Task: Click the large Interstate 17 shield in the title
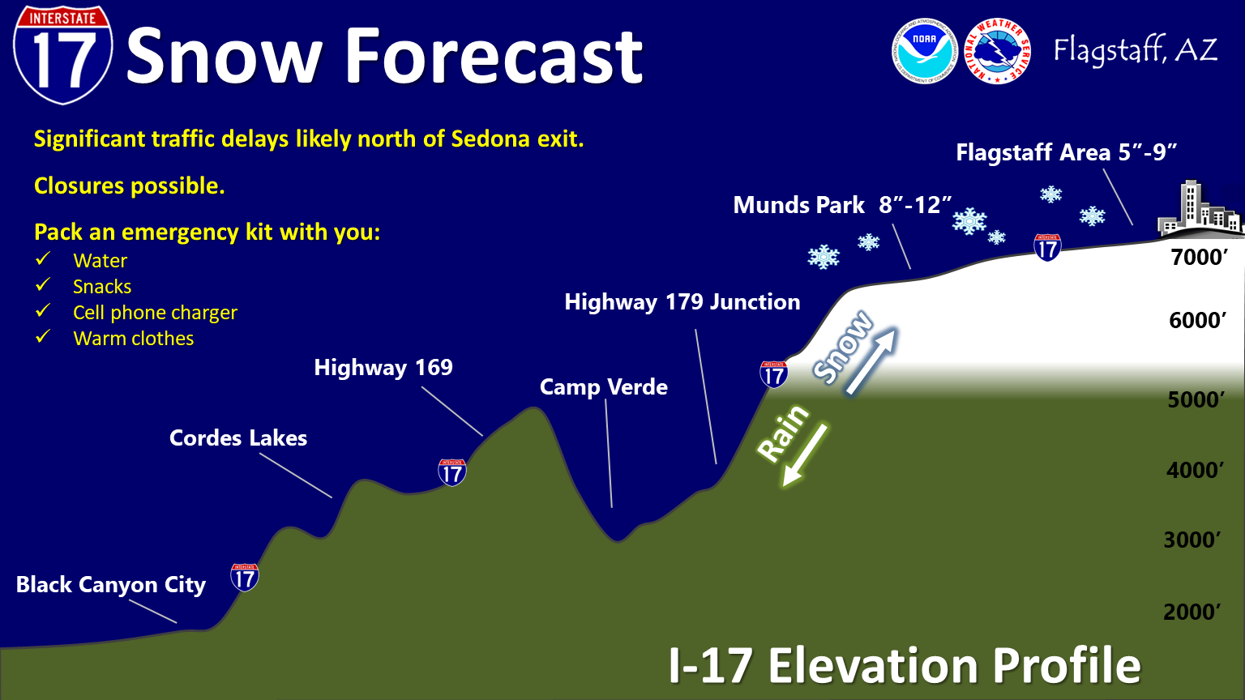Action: (62, 54)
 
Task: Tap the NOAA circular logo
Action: (924, 51)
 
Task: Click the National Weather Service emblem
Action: (997, 51)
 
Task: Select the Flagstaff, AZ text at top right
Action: (1136, 50)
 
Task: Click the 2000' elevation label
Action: (1192, 612)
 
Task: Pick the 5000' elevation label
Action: (1196, 399)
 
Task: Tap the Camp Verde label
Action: (604, 386)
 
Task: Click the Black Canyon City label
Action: (110, 584)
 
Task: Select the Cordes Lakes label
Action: (237, 437)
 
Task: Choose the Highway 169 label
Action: (383, 367)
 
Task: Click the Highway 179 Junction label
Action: (682, 301)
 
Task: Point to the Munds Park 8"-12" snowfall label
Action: (843, 204)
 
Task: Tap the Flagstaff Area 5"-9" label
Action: (1067, 152)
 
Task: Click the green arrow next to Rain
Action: (805, 455)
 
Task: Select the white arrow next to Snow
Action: (871, 362)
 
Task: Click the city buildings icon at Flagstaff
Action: (1200, 207)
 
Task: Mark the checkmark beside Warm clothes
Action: (43, 336)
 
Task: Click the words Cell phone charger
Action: (155, 312)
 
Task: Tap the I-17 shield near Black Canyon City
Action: (245, 577)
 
